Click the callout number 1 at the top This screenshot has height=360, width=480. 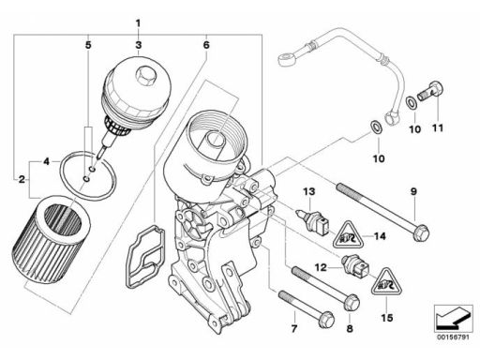138,23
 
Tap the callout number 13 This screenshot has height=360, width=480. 308,191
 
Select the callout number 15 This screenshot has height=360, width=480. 386,318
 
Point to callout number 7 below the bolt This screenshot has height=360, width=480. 294,329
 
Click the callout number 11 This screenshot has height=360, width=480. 438,128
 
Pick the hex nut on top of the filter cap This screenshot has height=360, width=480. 144,76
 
